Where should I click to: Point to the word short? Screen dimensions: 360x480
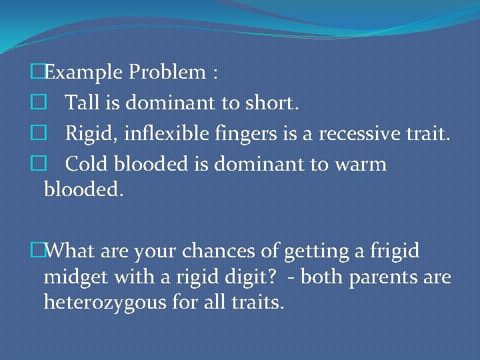coord(273,103)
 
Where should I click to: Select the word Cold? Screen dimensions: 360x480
coord(85,164)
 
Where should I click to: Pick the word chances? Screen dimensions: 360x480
coord(223,251)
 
